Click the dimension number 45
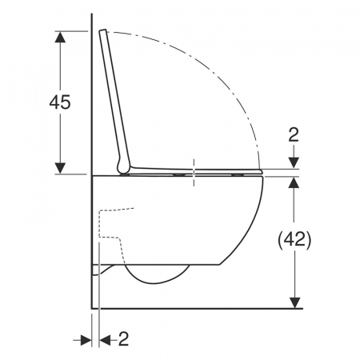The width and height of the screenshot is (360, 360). pos(60,102)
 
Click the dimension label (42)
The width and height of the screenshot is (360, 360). pos(294,239)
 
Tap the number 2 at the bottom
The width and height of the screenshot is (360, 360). pos(123,338)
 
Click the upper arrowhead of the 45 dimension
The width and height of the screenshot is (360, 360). pos(60,37)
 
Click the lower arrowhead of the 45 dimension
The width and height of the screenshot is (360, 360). pos(60,168)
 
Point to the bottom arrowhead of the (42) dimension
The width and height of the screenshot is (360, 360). pos(294,303)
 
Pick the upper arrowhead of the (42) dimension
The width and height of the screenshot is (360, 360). pos(294,182)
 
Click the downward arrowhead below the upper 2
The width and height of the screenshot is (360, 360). pos(294,163)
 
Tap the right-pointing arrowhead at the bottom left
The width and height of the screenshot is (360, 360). pos(86,340)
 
